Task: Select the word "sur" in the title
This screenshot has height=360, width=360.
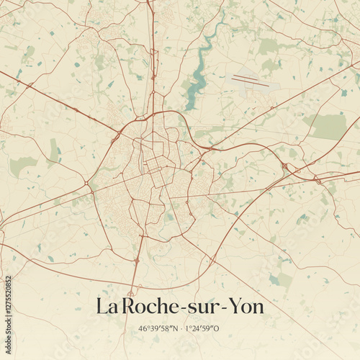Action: click(203, 308)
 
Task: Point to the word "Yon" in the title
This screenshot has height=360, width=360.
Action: click(246, 307)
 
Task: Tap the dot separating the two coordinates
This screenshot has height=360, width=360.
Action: click(180, 329)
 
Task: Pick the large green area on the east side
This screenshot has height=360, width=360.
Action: click(329, 126)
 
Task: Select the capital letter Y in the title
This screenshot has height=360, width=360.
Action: click(231, 307)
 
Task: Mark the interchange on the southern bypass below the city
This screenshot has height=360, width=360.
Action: click(136, 259)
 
